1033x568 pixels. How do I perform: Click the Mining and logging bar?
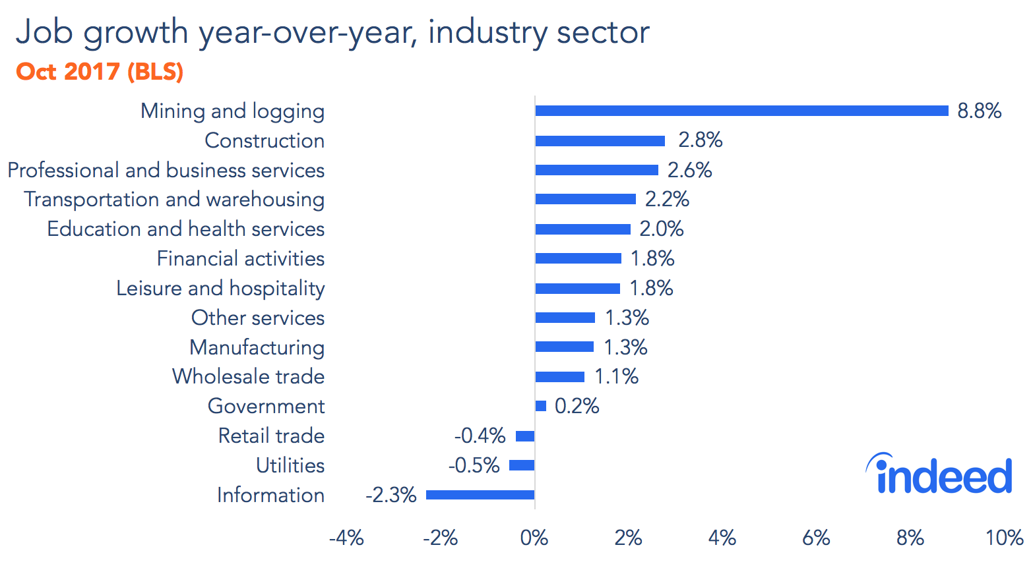click(x=741, y=111)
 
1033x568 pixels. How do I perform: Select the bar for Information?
click(x=480, y=495)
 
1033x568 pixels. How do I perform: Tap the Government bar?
click(x=541, y=406)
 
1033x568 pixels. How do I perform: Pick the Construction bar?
click(x=600, y=140)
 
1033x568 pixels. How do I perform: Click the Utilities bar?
click(x=522, y=465)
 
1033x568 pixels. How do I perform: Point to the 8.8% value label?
click(x=979, y=111)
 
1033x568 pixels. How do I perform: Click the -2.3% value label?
click(x=391, y=495)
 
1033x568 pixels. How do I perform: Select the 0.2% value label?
click(x=577, y=406)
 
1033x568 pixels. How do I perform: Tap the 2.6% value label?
click(x=689, y=170)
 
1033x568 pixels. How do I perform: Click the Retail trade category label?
click(x=271, y=436)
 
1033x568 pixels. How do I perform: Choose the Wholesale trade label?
click(x=248, y=376)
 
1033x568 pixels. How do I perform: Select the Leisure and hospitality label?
click(x=220, y=288)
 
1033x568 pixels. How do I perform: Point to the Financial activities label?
click(x=240, y=258)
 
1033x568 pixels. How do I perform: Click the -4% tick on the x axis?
click(x=346, y=538)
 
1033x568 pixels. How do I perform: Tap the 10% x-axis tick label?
click(x=1004, y=538)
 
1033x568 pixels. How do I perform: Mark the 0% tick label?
click(x=534, y=538)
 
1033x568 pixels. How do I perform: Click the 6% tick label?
click(x=816, y=538)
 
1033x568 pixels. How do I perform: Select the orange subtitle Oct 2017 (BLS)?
click(x=100, y=71)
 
